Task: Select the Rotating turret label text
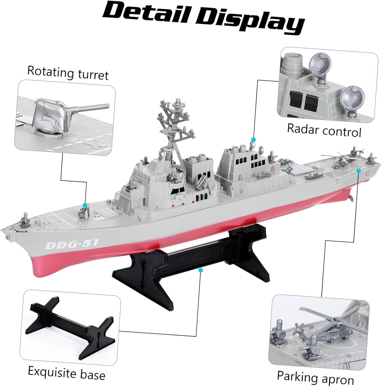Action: (x=68, y=73)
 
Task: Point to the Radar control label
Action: (x=324, y=130)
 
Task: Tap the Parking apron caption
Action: (x=315, y=377)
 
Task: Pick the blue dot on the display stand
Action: (x=201, y=270)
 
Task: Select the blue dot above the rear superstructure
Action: (x=254, y=140)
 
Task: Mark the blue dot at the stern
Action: (x=359, y=171)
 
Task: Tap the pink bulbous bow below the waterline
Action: (x=41, y=268)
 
